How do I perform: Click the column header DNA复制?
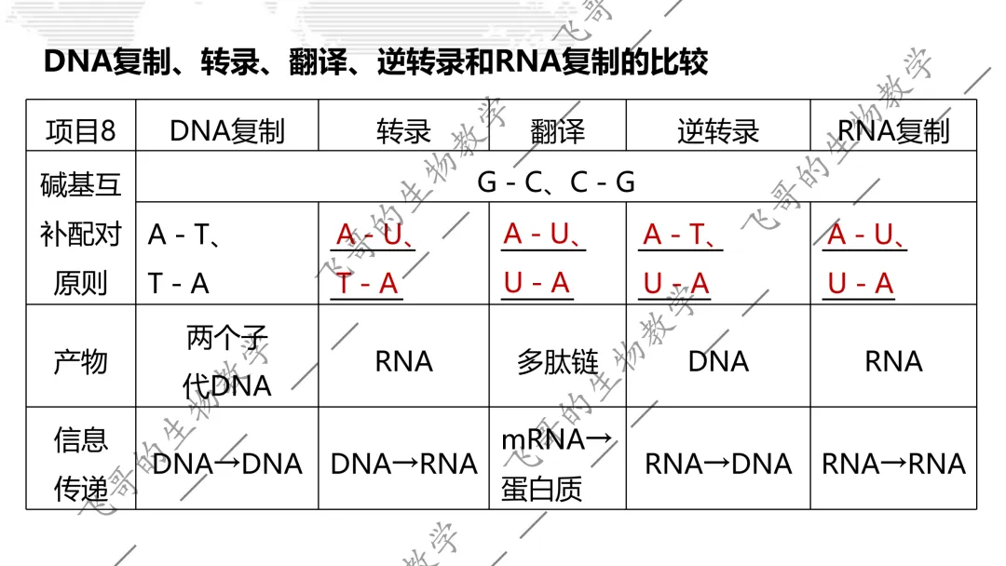click(227, 130)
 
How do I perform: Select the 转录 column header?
click(403, 130)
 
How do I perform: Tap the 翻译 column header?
click(558, 130)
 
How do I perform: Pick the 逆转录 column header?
click(718, 130)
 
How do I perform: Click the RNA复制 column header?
click(893, 130)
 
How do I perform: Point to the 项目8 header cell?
click(81, 130)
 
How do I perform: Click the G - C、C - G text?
click(556, 182)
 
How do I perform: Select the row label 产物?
click(81, 361)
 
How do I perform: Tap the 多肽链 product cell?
click(558, 361)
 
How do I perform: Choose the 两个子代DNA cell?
click(227, 361)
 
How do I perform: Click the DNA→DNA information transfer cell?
click(227, 464)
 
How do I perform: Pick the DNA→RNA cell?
click(403, 464)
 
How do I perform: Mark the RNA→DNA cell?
click(718, 464)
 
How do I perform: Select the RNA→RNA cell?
click(893, 464)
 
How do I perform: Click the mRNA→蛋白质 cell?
click(557, 465)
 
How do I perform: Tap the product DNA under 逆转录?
click(718, 361)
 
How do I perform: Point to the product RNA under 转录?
click(403, 361)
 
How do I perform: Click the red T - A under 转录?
click(367, 283)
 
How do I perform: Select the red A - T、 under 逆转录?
click(680, 235)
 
